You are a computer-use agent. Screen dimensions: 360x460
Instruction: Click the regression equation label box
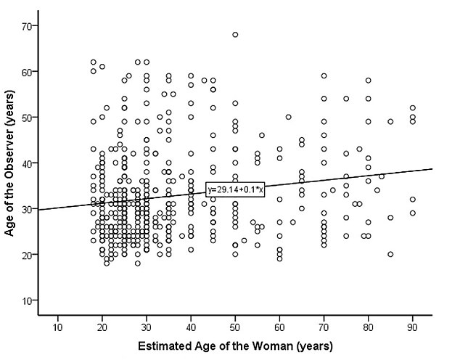[234, 189]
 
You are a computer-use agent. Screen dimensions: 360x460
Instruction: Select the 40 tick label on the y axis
[34, 163]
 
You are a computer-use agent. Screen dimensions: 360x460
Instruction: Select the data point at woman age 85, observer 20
[390, 254]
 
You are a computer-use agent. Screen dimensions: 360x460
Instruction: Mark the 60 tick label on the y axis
[34, 72]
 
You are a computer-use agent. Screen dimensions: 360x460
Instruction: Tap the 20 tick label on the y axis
[34, 255]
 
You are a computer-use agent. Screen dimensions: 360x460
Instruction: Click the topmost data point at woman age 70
[324, 75]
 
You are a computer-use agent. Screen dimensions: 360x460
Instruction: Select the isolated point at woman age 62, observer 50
[288, 117]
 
